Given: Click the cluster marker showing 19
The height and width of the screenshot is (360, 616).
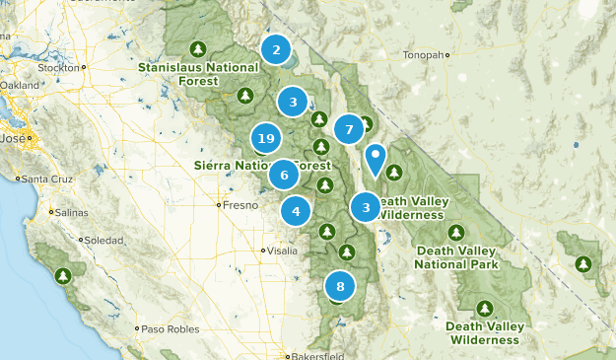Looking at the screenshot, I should (264, 138).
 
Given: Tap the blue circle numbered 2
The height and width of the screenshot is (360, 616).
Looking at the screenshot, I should (276, 49).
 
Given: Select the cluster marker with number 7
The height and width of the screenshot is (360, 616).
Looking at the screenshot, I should (347, 129).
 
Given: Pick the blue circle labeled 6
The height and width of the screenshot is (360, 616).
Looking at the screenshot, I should (284, 176).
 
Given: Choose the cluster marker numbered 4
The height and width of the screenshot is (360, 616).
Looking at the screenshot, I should (296, 210).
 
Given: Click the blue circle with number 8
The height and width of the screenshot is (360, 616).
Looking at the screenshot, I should (340, 287).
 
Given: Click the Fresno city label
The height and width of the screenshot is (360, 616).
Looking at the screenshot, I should (240, 206).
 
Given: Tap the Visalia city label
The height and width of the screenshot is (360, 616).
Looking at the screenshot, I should (279, 251).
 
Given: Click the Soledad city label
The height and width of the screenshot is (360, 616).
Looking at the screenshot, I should (103, 241).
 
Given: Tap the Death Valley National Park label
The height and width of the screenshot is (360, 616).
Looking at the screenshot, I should (456, 257).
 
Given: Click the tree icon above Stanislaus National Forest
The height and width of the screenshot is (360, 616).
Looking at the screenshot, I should (197, 48).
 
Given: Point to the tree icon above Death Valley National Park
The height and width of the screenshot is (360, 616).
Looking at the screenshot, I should (456, 232).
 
